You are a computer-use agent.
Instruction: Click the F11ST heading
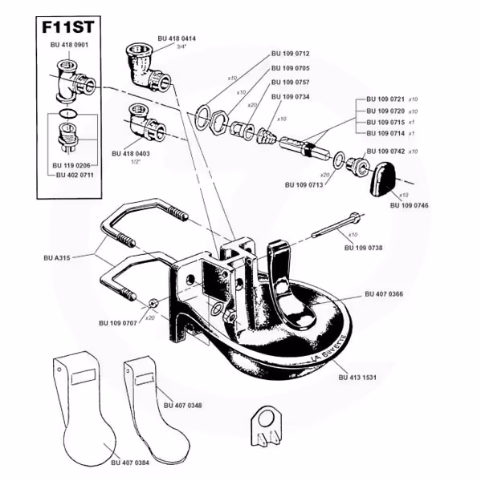[x=68, y=27]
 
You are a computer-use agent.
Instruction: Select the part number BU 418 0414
[x=177, y=38]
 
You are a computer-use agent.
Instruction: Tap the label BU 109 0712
[x=291, y=54]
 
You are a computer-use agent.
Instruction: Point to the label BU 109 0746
[x=409, y=205]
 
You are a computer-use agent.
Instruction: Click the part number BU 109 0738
[x=364, y=248]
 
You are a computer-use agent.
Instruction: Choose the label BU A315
[x=57, y=258]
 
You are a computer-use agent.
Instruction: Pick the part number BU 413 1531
[x=357, y=378]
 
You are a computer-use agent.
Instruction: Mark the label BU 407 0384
[x=130, y=463]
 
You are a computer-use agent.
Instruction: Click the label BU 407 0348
[x=183, y=406]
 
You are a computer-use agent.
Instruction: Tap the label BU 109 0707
[x=118, y=323]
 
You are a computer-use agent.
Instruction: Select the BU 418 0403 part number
[x=131, y=154]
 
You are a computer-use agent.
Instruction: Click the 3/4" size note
[x=181, y=47]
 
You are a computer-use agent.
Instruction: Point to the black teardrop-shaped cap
[x=383, y=178]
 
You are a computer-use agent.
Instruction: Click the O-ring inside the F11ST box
[x=68, y=113]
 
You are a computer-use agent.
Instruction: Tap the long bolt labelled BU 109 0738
[x=337, y=224]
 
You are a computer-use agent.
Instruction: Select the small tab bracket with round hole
[x=265, y=426]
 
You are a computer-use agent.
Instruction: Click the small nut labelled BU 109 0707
[x=153, y=303]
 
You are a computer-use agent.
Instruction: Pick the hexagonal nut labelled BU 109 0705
[x=219, y=122]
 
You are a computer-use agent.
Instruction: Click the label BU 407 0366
[x=384, y=294]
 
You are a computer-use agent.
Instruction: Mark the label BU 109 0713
[x=304, y=185]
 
